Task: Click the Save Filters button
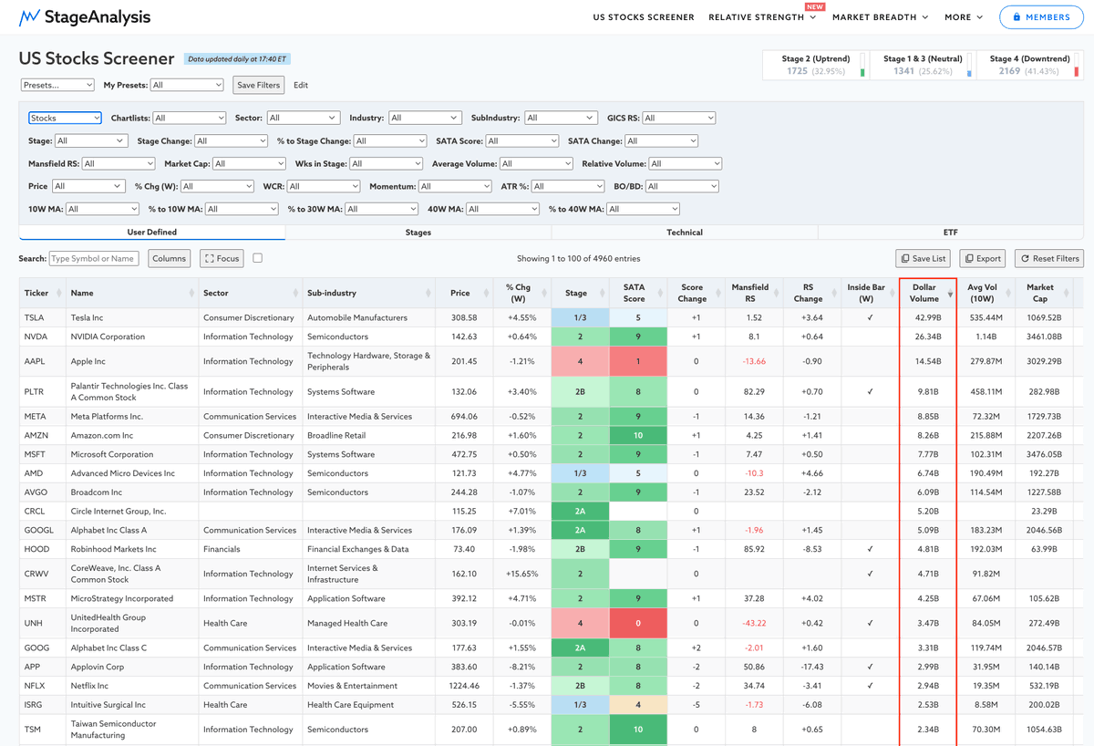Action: pos(258,85)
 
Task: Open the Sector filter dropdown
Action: pos(303,118)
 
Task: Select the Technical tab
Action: pos(685,233)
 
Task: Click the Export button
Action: pos(983,258)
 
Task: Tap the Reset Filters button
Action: pos(1049,258)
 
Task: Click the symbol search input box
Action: pos(94,258)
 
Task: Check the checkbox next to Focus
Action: pos(257,258)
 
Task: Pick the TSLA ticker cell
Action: pos(35,317)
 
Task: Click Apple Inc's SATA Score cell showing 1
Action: pos(638,361)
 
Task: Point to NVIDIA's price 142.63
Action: pos(464,337)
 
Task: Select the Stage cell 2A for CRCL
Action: pos(580,511)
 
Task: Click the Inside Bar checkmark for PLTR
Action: pos(870,391)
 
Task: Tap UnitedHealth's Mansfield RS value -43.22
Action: pos(754,624)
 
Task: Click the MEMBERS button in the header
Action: pos(1041,17)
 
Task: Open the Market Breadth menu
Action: pos(880,17)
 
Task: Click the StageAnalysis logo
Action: pos(85,17)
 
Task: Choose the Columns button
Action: pos(169,258)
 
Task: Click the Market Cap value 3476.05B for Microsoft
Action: pos(1044,454)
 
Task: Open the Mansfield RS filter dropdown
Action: pos(119,163)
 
